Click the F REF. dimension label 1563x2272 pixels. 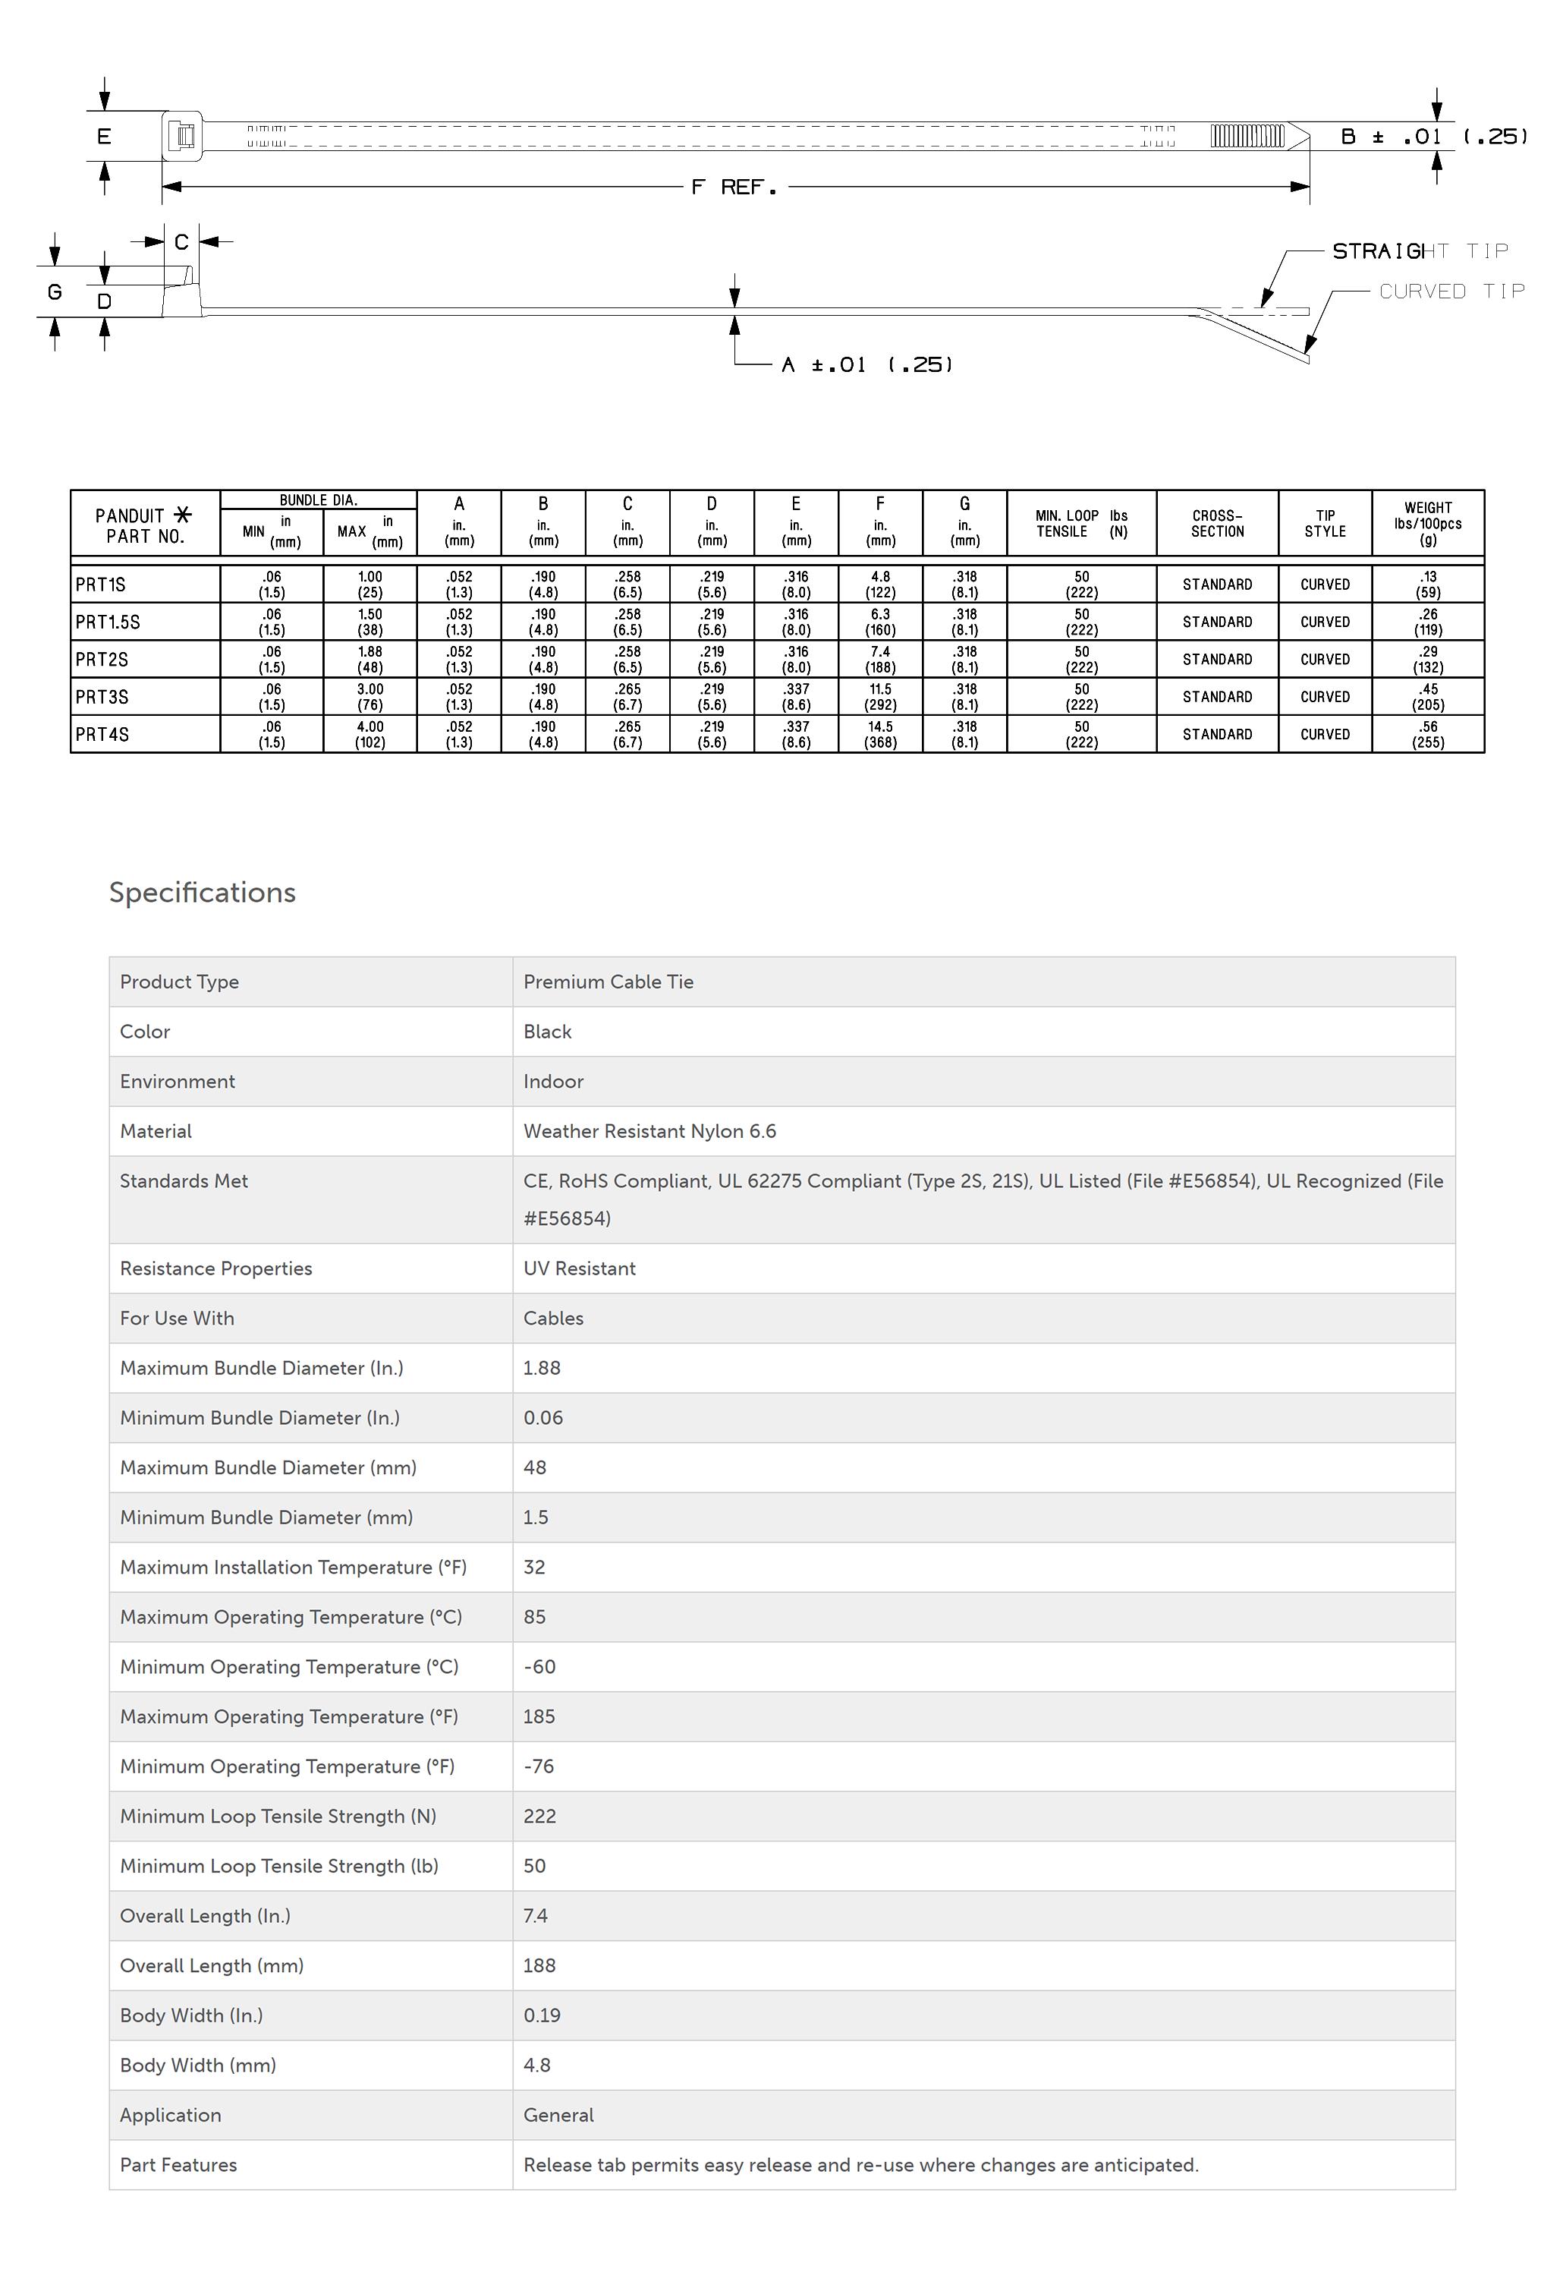click(x=734, y=187)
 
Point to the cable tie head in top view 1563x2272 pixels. click(x=183, y=135)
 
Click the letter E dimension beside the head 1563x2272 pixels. click(x=104, y=136)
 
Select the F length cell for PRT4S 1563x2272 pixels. click(x=879, y=734)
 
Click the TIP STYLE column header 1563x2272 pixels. click(x=1324, y=523)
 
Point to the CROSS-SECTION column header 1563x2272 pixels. click(x=1216, y=523)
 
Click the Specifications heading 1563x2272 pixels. click(x=202, y=893)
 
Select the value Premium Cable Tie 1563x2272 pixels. click(x=609, y=982)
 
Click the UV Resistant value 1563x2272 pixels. click(x=579, y=1268)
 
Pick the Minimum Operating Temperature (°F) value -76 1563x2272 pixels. click(x=539, y=1766)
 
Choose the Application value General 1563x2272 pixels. click(x=558, y=2114)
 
